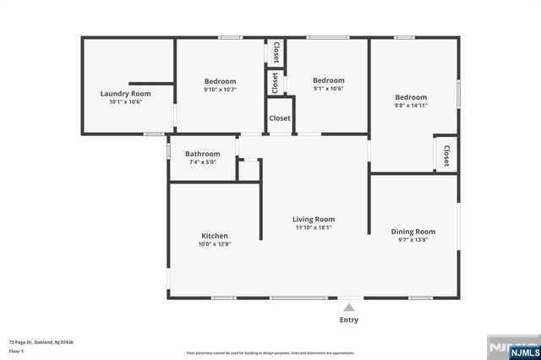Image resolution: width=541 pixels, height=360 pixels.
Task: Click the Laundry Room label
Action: pos(125,93)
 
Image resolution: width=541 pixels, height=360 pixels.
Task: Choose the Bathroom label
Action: pos(202,153)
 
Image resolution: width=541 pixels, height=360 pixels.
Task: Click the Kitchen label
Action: pos(214,236)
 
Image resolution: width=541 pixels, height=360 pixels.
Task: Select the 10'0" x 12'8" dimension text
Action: pos(214,244)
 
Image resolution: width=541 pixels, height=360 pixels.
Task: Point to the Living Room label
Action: pos(314,219)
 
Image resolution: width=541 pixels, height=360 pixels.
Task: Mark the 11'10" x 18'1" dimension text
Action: pos(314,227)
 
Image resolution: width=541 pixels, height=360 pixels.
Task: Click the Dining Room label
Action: pos(413,231)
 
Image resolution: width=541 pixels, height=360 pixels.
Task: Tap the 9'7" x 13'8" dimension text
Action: pos(413,239)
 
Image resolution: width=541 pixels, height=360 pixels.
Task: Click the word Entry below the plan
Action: pos(348,319)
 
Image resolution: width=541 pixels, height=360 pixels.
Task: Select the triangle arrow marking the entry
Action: pos(348,307)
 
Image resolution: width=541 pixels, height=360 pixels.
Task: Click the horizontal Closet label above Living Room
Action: pos(280,118)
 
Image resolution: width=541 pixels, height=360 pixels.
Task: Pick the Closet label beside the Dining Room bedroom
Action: pos(446,155)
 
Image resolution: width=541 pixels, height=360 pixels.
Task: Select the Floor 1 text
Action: pos(16,351)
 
